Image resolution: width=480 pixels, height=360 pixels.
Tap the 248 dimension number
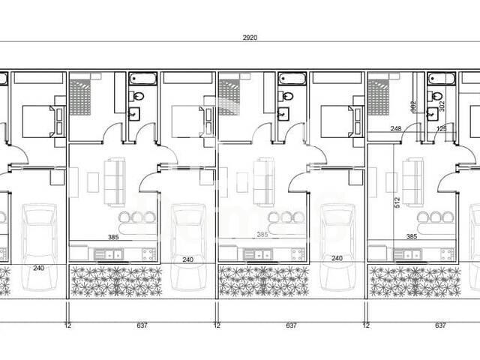395,128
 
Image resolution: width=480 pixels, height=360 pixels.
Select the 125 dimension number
441,128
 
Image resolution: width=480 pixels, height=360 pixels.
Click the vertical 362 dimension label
413,106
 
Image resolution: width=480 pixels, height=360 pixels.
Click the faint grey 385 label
262,234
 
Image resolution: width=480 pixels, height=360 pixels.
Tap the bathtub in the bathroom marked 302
441,78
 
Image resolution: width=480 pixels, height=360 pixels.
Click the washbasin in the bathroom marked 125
433,114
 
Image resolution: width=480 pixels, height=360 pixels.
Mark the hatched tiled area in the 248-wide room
379,93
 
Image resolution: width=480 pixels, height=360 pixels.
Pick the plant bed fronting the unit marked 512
413,281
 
